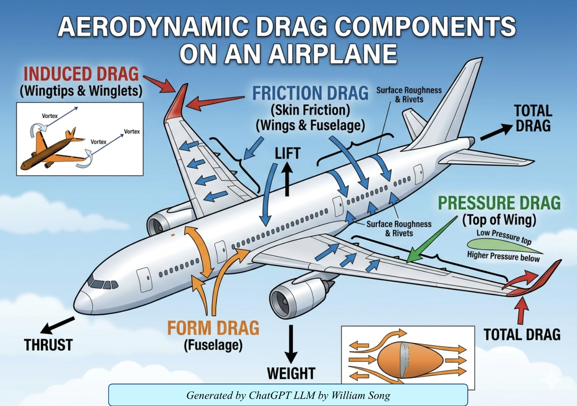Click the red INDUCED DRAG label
(81, 74)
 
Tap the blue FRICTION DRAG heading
(310, 93)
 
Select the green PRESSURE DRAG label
(499, 203)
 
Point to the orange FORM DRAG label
(213, 328)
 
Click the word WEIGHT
(291, 373)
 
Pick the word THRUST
(48, 345)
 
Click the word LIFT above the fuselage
(287, 153)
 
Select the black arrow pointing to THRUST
(57, 325)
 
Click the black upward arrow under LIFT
(287, 179)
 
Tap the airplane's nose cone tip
(75, 305)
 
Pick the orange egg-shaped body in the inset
(410, 360)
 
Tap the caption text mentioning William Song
(288, 395)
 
